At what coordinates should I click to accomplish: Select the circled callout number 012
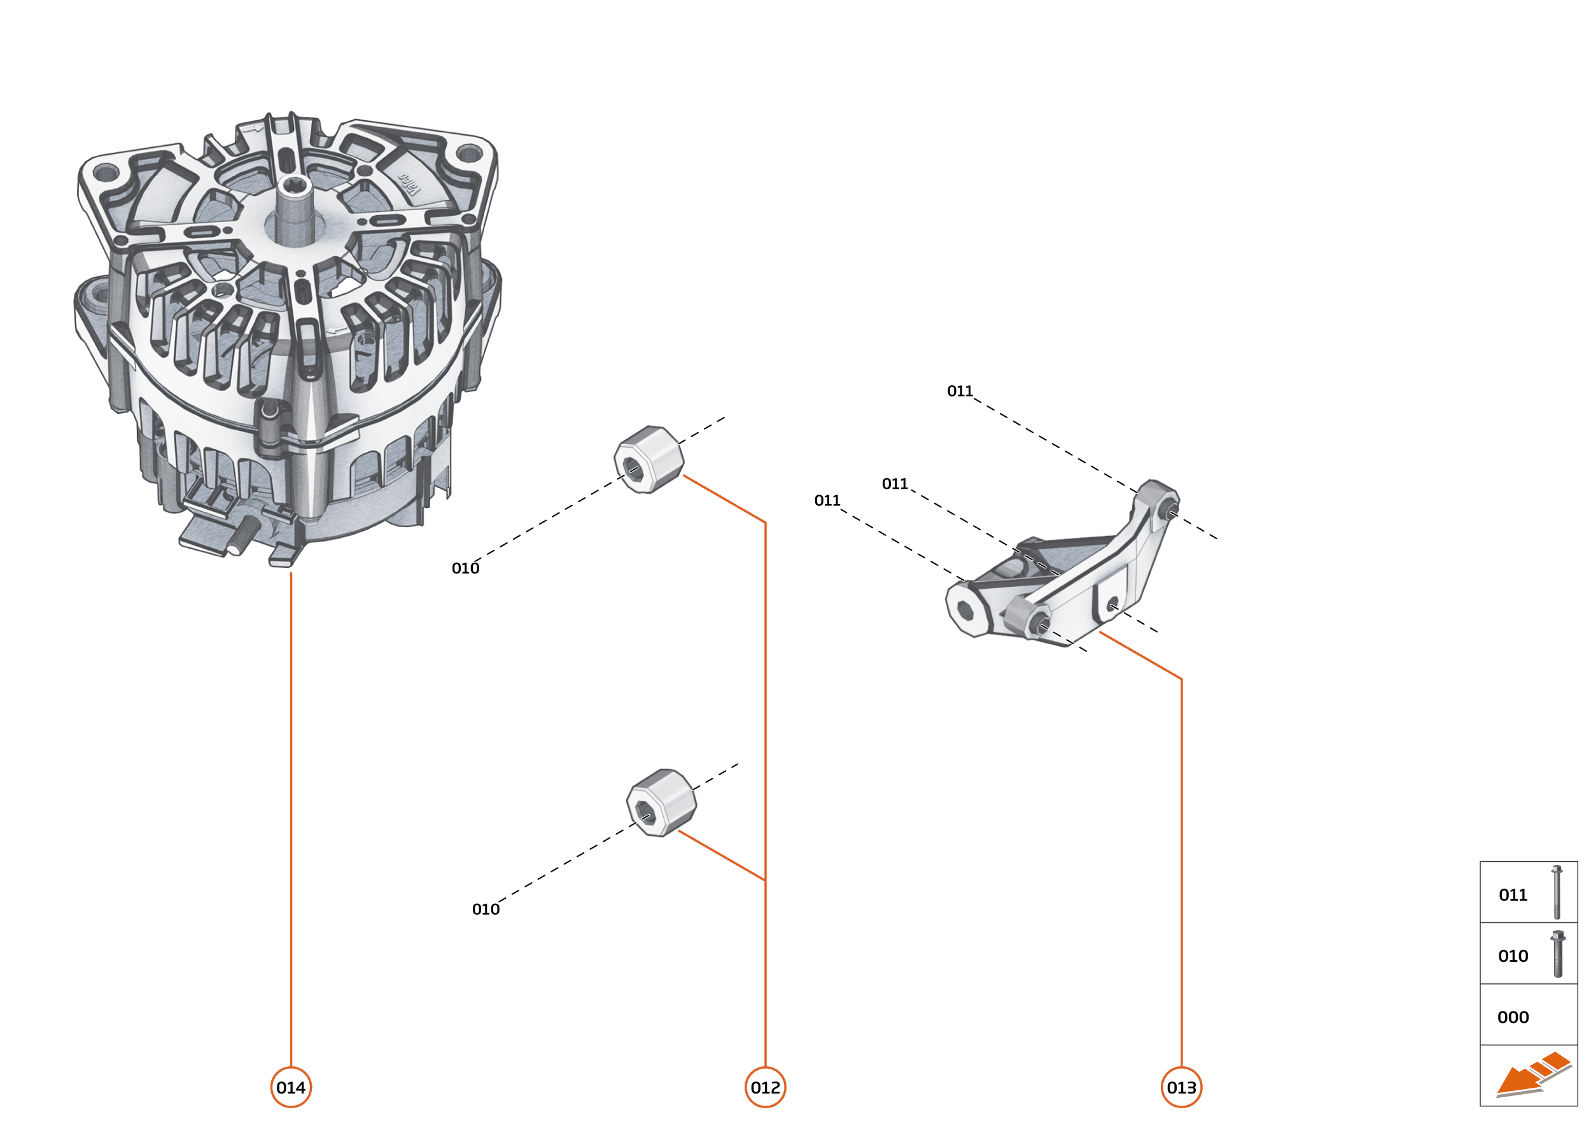pyautogui.click(x=765, y=1087)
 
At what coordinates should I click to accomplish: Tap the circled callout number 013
pyautogui.click(x=1181, y=1087)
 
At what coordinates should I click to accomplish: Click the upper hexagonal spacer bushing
pyautogui.click(x=649, y=459)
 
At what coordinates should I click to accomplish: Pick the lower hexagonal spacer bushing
pyautogui.click(x=661, y=802)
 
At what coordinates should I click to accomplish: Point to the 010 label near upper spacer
pyautogui.click(x=465, y=568)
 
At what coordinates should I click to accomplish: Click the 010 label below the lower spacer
pyautogui.click(x=486, y=909)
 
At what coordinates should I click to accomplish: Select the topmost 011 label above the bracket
pyautogui.click(x=960, y=391)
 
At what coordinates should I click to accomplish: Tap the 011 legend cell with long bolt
pyautogui.click(x=1528, y=894)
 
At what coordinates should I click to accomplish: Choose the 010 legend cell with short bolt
pyautogui.click(x=1528, y=955)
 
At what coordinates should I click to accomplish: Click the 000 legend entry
pyautogui.click(x=1513, y=1017)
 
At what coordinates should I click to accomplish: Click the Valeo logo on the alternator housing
pyautogui.click(x=410, y=185)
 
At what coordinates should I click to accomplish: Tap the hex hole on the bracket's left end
pyautogui.click(x=964, y=610)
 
